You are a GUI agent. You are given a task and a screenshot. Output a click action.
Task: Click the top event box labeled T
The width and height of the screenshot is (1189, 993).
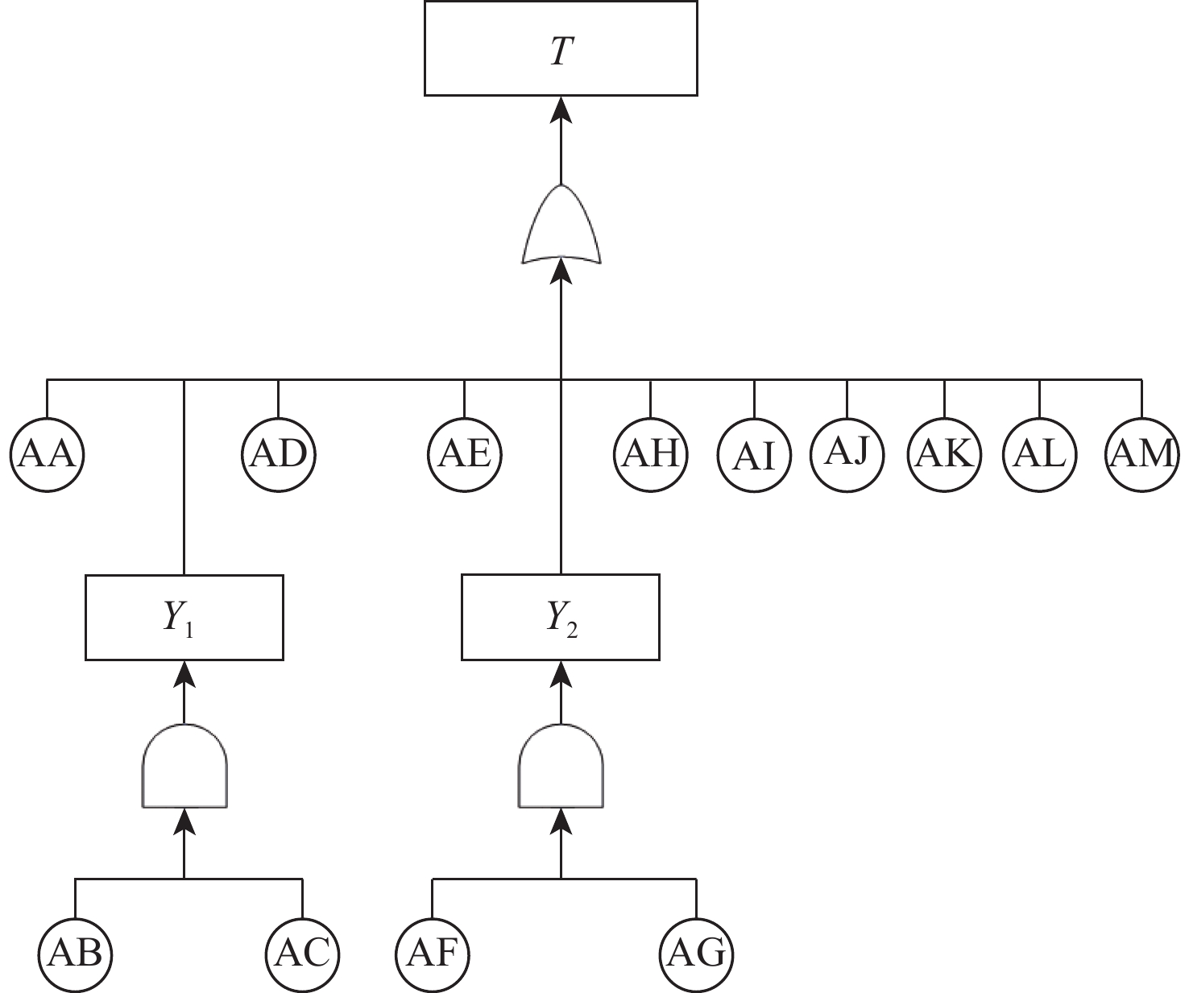point(561,48)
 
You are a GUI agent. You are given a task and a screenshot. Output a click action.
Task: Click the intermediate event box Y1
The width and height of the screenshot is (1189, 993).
point(184,618)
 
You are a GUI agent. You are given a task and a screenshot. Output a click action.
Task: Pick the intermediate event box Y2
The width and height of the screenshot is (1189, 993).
point(561,618)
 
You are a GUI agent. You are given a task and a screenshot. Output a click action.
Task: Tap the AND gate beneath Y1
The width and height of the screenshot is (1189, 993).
point(184,766)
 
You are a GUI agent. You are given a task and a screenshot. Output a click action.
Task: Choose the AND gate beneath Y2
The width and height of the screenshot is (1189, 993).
point(561,766)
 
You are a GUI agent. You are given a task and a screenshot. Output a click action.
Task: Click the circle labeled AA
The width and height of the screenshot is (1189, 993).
point(48,455)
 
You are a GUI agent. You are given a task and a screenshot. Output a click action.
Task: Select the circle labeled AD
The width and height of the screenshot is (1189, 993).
point(279,455)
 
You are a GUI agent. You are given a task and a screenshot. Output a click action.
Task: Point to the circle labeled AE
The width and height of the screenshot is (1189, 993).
point(465,455)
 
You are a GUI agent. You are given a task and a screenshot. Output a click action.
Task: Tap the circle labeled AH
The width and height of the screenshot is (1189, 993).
point(651,455)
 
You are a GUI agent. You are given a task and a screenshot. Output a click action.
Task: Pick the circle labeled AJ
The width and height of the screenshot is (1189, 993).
point(847,455)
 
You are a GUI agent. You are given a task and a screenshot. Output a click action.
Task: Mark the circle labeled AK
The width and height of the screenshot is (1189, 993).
point(945,455)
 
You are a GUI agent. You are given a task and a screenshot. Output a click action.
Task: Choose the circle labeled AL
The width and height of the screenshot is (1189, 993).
point(1040,455)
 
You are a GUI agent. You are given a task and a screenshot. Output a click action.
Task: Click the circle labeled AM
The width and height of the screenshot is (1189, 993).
point(1141,455)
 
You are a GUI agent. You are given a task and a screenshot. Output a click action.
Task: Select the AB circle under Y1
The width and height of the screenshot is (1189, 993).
point(75,954)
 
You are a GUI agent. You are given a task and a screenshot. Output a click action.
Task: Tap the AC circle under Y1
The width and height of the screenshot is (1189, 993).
point(302,954)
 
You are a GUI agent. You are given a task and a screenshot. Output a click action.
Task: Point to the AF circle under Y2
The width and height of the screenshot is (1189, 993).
point(433,954)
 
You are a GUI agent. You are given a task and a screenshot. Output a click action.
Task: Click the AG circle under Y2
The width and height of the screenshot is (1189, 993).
point(697,954)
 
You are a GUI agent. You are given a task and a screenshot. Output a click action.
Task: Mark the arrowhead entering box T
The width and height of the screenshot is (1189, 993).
point(561,110)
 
